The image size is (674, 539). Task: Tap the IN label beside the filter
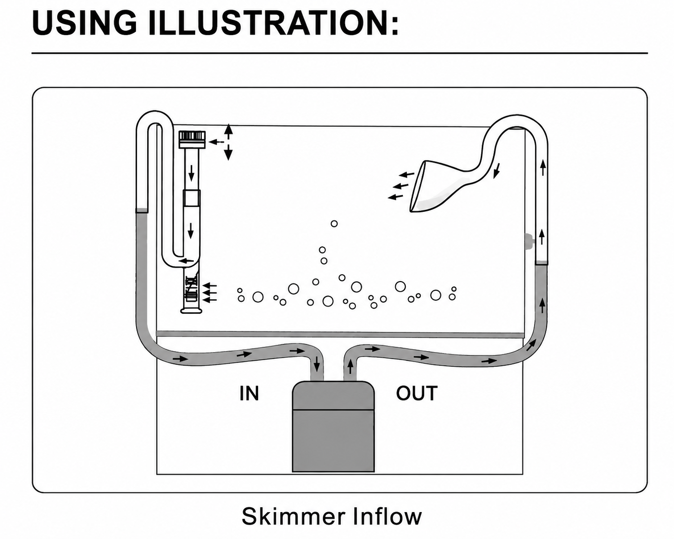click(249, 393)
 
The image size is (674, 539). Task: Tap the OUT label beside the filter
click(416, 393)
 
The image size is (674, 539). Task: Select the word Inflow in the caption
click(387, 517)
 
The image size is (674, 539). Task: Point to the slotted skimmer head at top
click(192, 139)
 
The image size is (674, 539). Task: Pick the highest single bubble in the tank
click(334, 223)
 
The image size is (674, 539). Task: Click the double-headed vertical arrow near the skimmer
click(228, 142)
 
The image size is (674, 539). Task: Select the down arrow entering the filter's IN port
click(317, 363)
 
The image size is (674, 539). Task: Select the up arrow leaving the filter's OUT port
click(350, 367)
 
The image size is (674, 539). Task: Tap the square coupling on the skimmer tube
click(191, 197)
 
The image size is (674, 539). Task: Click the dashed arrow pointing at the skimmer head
click(216, 142)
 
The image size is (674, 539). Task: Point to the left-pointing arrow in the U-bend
click(186, 260)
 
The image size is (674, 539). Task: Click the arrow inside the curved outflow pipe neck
click(497, 171)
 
